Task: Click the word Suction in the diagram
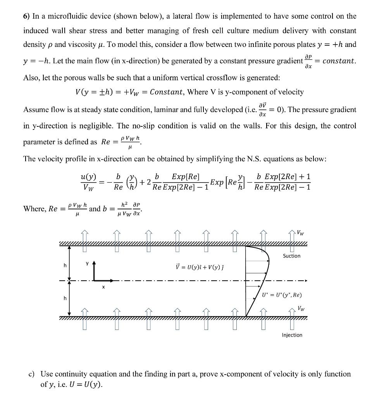coord(291,256)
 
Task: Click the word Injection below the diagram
coord(292,335)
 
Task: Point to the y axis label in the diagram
coord(88,263)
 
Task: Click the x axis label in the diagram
coord(103,288)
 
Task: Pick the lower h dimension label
coord(65,299)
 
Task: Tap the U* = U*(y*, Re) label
coord(281,295)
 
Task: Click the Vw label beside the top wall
coord(300,233)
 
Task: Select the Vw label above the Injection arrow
coord(300,309)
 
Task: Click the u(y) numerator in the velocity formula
coord(88,178)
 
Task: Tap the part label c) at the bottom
coord(32,375)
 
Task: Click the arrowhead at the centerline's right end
coord(305,280)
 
